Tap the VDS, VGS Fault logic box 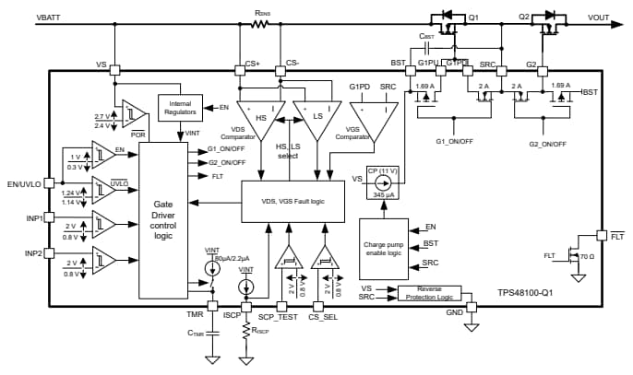tap(292, 200)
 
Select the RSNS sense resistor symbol tap(262, 25)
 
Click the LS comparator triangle tap(312, 120)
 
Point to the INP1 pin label tap(33, 219)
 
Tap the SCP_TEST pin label tap(277, 316)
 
